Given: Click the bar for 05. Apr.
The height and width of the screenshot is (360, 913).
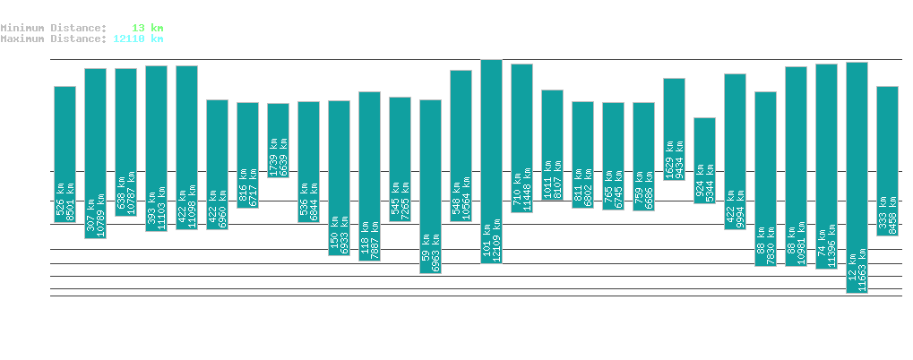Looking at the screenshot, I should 491,161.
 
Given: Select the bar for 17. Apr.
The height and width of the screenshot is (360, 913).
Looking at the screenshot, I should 857,177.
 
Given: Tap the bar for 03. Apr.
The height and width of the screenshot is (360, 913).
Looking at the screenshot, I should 430,186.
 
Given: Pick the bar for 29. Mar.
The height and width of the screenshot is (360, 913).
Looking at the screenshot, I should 278,140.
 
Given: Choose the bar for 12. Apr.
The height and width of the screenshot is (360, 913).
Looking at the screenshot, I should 704,160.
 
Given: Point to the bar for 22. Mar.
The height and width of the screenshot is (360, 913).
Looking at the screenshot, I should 65,154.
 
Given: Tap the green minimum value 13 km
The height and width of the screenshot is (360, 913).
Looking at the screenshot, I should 147,28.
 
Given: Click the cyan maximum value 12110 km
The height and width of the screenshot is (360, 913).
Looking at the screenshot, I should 138,39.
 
